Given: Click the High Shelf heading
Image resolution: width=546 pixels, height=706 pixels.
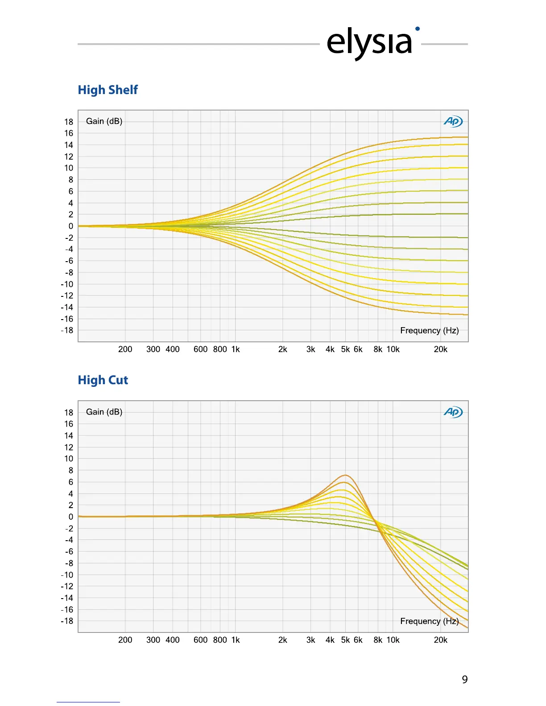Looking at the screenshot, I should click(108, 90).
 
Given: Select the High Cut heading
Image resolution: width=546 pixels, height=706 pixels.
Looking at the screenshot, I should click(103, 380).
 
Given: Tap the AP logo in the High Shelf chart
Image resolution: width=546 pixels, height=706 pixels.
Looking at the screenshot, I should click(453, 121).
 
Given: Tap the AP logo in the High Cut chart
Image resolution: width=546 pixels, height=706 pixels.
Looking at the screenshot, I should click(453, 412).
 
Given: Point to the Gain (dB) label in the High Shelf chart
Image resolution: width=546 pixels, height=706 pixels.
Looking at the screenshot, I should click(104, 121).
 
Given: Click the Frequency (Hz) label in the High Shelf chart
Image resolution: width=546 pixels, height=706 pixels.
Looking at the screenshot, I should click(429, 330).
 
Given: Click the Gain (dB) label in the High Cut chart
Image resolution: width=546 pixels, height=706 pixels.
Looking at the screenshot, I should click(104, 412).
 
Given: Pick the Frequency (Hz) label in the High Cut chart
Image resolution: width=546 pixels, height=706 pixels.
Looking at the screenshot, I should click(429, 621).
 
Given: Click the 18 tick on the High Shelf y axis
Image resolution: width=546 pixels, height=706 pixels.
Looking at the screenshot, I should click(69, 122).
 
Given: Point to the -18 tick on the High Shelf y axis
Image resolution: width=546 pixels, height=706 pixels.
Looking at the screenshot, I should click(67, 330).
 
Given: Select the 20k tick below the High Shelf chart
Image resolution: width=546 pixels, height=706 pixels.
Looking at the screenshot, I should click(440, 349).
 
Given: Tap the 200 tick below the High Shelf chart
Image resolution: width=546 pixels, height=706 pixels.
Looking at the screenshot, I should click(125, 349).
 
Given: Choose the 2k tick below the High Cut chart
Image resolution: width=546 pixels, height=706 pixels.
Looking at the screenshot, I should click(282, 640).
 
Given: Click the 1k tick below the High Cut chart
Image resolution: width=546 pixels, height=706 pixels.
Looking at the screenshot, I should click(236, 640).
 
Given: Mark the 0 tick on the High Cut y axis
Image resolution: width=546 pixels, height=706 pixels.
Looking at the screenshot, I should click(70, 517).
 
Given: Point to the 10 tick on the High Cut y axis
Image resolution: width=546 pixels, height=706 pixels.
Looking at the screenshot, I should click(69, 459).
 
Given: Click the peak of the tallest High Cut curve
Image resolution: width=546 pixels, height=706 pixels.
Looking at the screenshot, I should click(345, 475).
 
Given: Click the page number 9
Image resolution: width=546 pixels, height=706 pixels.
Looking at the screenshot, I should click(464, 680).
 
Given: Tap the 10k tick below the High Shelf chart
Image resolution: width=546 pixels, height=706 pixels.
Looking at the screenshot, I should click(393, 349).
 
